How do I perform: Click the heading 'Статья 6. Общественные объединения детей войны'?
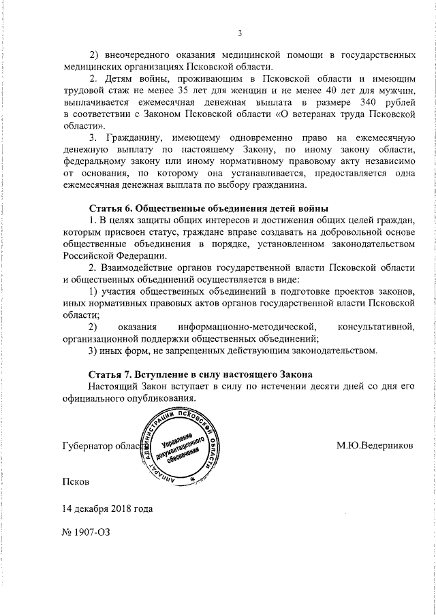208,207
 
